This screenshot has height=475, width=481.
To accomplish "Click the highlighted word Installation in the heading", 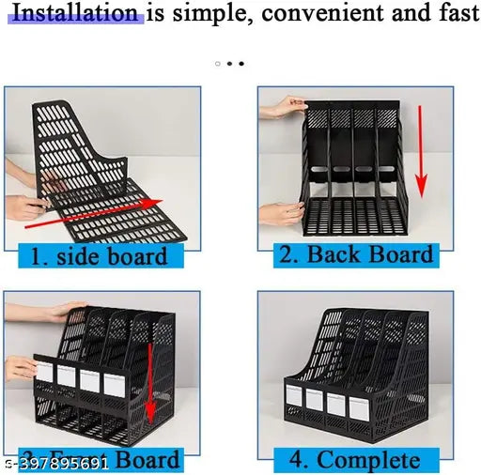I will pyautogui.click(x=75, y=13).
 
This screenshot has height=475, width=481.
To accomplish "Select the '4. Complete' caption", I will pyautogui.click(x=355, y=459).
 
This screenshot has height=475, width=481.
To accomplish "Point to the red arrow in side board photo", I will pyautogui.click(x=89, y=214).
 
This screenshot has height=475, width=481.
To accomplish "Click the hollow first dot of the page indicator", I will pyautogui.click(x=218, y=64).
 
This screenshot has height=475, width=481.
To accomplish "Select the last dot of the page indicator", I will pyautogui.click(x=240, y=64).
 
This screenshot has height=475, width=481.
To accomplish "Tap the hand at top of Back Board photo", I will pyautogui.click(x=283, y=105).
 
